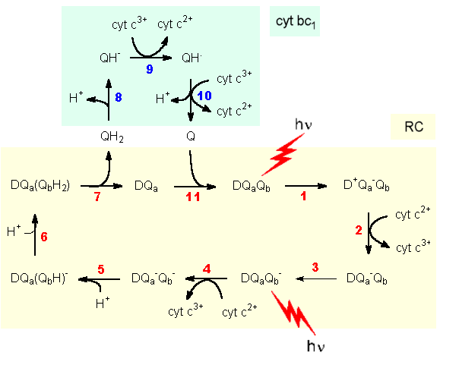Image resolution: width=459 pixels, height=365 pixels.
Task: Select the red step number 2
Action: click(359, 228)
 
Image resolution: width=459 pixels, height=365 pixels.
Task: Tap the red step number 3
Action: click(315, 267)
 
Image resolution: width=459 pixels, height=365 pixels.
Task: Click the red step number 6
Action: click(43, 236)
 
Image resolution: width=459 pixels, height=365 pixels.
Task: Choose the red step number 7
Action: click(97, 197)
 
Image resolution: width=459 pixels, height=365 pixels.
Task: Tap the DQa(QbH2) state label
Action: click(42, 184)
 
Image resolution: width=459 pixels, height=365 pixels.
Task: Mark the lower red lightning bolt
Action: click(293, 313)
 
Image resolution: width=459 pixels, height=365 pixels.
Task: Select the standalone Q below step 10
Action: click(190, 137)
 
